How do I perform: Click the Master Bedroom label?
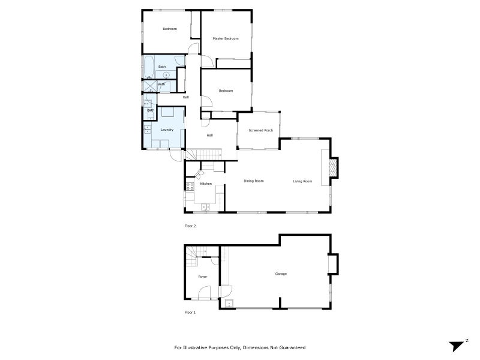[x=226, y=38]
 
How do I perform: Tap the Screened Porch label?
[x=260, y=130]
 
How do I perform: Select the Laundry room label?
[x=167, y=130]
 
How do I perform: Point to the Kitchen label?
[x=206, y=183]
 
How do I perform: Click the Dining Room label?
[x=254, y=181]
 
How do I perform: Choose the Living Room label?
[x=302, y=181]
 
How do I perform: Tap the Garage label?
[x=281, y=274]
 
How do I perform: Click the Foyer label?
[x=203, y=277]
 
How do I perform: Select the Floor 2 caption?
[x=190, y=226]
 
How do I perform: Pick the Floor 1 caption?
[x=190, y=313]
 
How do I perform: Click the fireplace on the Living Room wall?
[x=332, y=168]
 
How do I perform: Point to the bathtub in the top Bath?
[x=147, y=65]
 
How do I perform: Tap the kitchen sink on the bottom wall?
[x=206, y=208]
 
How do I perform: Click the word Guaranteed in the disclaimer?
[x=292, y=347]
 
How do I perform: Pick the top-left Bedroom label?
[x=170, y=29]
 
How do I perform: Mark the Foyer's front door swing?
[x=204, y=293]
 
